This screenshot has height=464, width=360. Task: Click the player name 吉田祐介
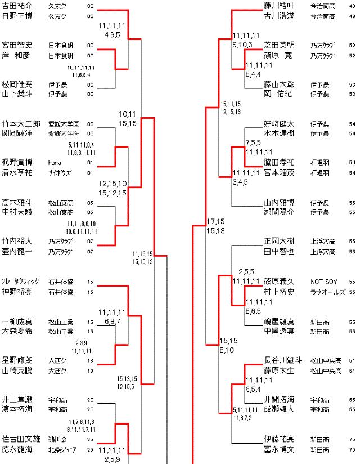17,6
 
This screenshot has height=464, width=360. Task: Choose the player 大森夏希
17,331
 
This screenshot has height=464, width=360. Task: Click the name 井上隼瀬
17,399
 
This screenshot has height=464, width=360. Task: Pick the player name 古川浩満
279,16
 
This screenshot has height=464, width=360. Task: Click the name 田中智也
279,252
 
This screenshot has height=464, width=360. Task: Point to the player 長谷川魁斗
283,360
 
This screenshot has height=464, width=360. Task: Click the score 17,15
215,221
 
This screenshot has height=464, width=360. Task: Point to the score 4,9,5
112,34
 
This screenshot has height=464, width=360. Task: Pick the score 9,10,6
242,44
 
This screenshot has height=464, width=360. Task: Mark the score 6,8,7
112,321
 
